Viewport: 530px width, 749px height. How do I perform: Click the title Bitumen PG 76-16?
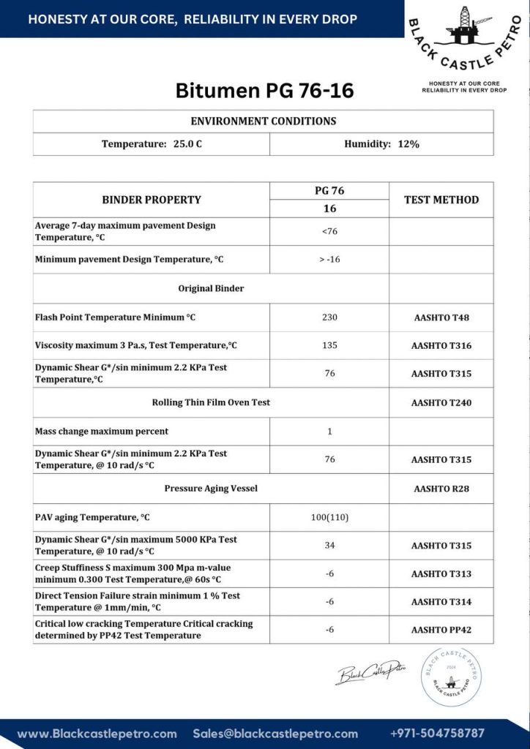[264, 91]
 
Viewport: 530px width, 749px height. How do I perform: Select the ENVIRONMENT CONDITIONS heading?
[264, 121]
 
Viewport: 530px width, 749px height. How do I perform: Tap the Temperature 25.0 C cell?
[152, 144]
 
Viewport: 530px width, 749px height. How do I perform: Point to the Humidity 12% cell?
[381, 144]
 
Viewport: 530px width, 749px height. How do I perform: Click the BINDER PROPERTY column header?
[152, 200]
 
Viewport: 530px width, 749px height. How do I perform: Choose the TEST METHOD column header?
[441, 200]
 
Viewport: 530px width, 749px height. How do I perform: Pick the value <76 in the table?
[329, 232]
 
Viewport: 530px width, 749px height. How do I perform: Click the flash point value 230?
[329, 317]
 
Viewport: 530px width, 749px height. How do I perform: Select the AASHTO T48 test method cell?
[441, 317]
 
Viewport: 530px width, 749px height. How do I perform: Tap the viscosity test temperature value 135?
[329, 345]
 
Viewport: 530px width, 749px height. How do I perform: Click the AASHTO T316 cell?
[441, 345]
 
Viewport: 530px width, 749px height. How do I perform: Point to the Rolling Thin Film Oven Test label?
[211, 402]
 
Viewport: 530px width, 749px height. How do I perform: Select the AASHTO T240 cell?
[441, 402]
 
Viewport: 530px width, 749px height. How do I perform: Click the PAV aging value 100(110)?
[329, 517]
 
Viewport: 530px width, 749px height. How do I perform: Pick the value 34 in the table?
[329, 546]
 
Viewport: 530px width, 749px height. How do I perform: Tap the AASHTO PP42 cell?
[441, 630]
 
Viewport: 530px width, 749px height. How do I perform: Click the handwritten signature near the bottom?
[370, 669]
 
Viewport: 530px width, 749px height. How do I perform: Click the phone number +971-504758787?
[438, 733]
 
